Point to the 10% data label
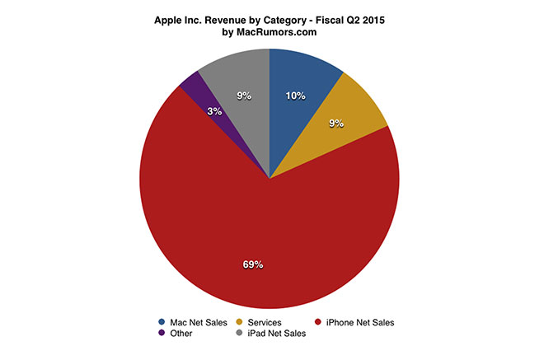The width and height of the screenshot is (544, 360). coord(295,96)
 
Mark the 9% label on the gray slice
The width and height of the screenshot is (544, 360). coord(244,96)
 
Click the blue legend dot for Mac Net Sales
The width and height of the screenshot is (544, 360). coord(161,322)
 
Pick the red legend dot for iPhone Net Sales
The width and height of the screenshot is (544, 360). coord(321,322)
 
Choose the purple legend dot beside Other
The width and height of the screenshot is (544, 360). coord(161,334)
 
